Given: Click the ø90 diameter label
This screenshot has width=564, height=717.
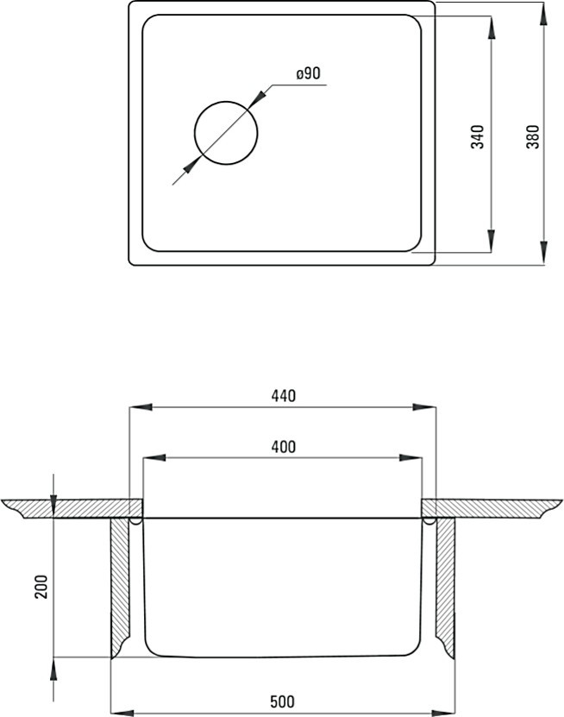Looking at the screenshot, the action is [309, 73].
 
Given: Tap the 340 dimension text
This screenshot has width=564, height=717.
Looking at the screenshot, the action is [477, 136].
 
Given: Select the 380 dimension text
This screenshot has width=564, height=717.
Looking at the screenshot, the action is [533, 136].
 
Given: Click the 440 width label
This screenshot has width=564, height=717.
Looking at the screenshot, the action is [284, 395].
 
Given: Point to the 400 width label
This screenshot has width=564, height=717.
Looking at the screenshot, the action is [284, 446].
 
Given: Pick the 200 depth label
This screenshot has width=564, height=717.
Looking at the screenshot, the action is [41, 587].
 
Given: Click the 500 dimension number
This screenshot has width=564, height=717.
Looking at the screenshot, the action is [283, 701].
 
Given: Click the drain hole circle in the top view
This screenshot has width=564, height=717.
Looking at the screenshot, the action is [226, 102].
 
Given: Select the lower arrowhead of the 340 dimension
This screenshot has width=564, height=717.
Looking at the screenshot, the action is [491, 241].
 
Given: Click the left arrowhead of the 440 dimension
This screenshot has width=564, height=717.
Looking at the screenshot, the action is [141, 407].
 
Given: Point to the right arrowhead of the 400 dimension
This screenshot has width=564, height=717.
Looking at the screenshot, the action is [410, 458].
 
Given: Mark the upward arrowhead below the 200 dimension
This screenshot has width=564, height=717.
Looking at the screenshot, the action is [53, 669].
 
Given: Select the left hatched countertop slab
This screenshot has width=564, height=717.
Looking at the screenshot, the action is [73, 508].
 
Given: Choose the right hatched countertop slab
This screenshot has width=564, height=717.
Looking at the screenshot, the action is [492, 508].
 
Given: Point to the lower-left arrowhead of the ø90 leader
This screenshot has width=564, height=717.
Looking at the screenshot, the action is [192, 165].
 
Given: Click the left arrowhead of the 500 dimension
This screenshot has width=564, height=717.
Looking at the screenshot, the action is [122, 713].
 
